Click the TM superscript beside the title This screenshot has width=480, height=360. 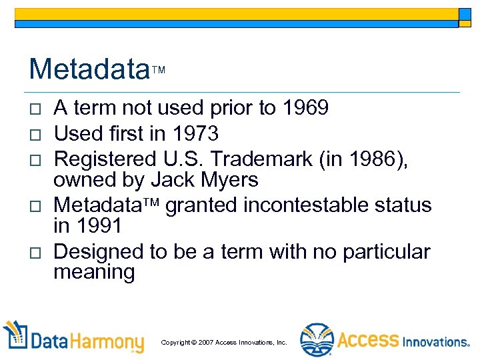click(158, 70)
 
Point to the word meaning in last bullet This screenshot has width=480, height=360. click(94, 272)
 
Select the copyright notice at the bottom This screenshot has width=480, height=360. click(224, 342)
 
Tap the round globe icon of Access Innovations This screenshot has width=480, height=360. click(316, 340)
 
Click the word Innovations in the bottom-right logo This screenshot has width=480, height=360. click(436, 342)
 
